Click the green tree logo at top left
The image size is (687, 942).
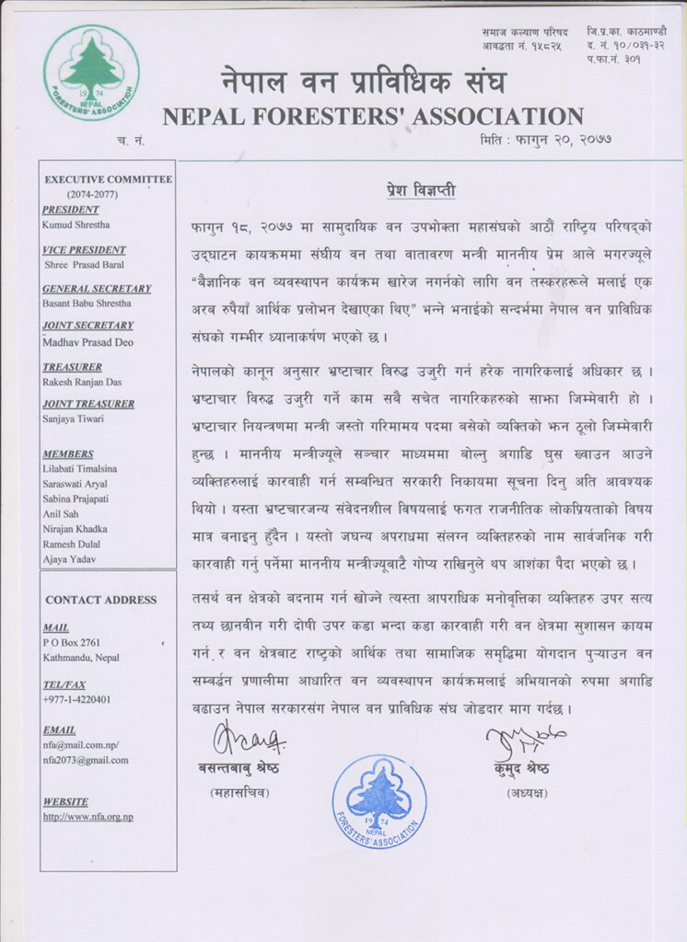pyautogui.click(x=91, y=73)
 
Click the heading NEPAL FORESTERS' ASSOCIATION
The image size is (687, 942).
pyautogui.click(x=373, y=117)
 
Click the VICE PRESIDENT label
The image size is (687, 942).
pyautogui.click(x=84, y=250)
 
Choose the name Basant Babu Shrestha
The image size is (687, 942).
pyautogui.click(x=87, y=303)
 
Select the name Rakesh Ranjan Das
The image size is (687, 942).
pyautogui.click(x=81, y=382)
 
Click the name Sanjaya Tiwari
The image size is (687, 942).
pyautogui.click(x=74, y=418)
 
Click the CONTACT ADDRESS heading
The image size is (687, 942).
pyautogui.click(x=101, y=600)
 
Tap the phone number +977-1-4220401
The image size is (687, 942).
pyautogui.click(x=76, y=699)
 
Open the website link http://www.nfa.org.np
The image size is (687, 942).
pyautogui.click(x=87, y=816)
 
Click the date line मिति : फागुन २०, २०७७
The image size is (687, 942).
pyautogui.click(x=546, y=140)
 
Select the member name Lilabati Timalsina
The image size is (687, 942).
pyautogui.click(x=82, y=468)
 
